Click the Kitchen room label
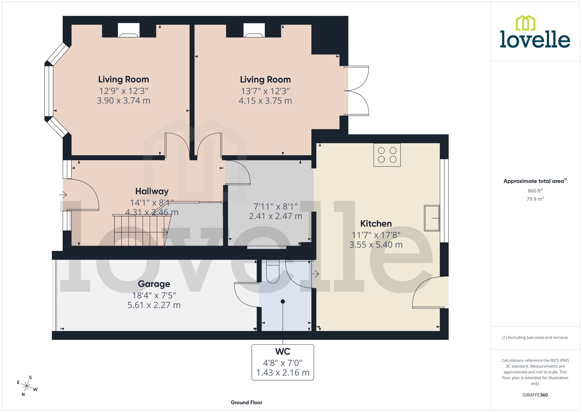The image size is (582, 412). point(376,224)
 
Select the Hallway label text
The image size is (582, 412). point(152,191)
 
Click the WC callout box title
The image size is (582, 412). point(283,351)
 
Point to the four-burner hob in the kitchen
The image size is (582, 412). point(387,155)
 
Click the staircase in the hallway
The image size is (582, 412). point(140,231)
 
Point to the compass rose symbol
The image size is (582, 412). point(27,386)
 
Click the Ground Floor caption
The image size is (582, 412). point(246,402)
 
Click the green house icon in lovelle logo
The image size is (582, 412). point(525,23)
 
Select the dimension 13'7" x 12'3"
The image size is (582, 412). point(265,91)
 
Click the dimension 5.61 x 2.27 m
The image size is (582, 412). point(154,305)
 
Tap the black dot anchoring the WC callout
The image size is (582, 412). point(283,301)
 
